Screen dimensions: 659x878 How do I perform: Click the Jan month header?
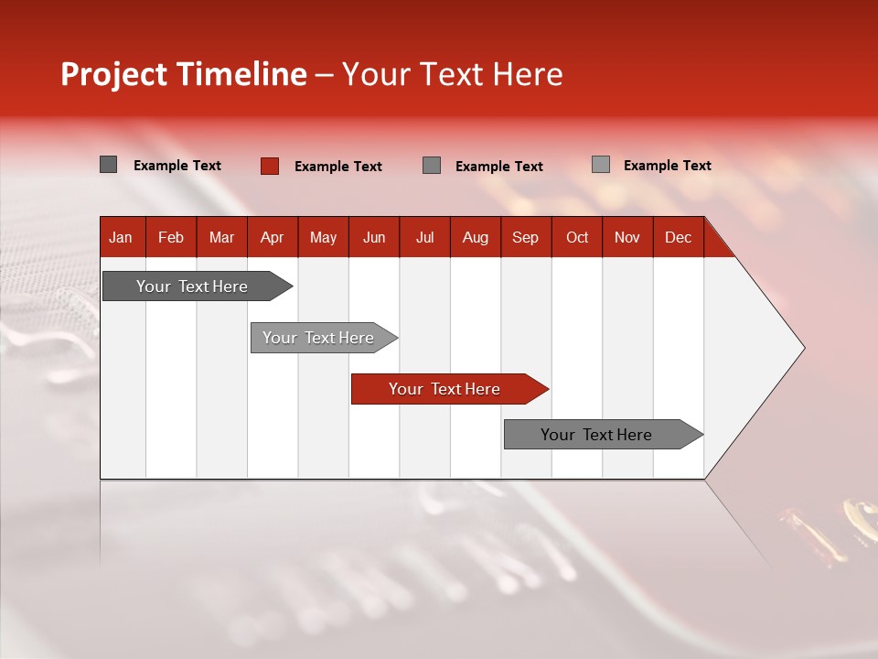(x=121, y=237)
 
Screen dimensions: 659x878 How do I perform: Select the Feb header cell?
(x=171, y=237)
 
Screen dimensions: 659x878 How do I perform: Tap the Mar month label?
(x=221, y=237)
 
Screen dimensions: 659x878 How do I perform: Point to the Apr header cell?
(x=272, y=237)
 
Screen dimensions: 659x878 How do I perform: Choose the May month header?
(x=323, y=237)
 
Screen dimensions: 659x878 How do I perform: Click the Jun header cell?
(x=374, y=237)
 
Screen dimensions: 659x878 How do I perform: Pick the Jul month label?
(x=424, y=237)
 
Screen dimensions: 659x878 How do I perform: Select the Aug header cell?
(x=476, y=237)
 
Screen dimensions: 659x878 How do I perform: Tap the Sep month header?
(x=526, y=237)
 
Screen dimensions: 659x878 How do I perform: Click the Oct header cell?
(x=577, y=237)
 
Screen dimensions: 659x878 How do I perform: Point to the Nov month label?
(x=627, y=237)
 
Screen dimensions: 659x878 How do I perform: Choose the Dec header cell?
(x=679, y=237)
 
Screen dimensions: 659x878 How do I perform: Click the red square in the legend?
(x=269, y=166)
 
